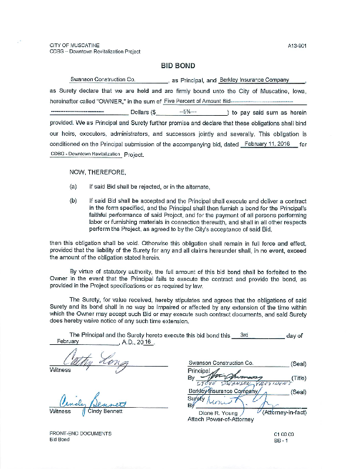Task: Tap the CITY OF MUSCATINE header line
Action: click(75, 45)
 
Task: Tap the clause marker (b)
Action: click(73, 201)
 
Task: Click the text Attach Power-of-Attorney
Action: click(220, 419)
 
